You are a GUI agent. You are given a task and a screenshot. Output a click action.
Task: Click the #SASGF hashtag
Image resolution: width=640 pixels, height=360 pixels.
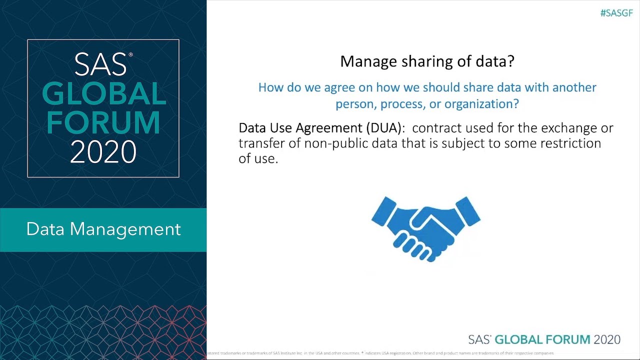(x=616, y=13)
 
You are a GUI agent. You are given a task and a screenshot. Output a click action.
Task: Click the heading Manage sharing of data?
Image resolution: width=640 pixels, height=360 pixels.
(x=427, y=61)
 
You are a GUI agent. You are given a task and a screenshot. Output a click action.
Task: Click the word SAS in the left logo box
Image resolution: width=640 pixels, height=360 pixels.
(x=100, y=64)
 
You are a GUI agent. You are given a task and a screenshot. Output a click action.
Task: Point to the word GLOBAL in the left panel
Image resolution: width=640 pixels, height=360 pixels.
(x=103, y=94)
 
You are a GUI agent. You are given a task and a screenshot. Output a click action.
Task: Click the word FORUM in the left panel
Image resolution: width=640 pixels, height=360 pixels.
(x=103, y=122)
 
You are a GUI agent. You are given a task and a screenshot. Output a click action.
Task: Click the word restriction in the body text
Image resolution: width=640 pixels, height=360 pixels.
(x=571, y=143)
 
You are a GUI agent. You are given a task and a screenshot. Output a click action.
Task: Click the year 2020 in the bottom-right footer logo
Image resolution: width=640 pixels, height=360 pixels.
(x=606, y=339)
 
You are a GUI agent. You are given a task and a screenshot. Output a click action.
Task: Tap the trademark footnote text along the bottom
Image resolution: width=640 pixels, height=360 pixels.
(x=380, y=353)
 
